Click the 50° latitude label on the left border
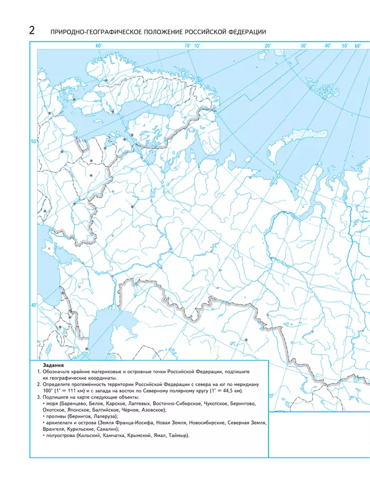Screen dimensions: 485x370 point(34,141)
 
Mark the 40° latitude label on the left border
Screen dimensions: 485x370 point(34,306)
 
